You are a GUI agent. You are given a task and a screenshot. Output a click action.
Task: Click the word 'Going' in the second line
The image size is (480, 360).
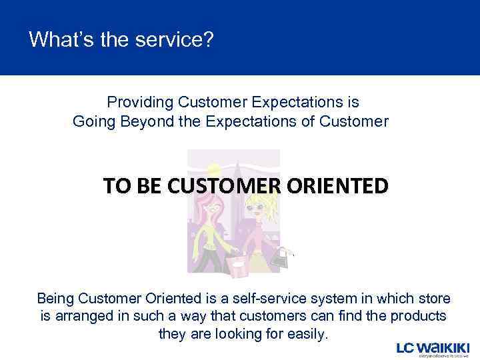click(93, 121)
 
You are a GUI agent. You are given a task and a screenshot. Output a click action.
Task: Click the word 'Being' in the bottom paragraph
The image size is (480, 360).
click(56, 298)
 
